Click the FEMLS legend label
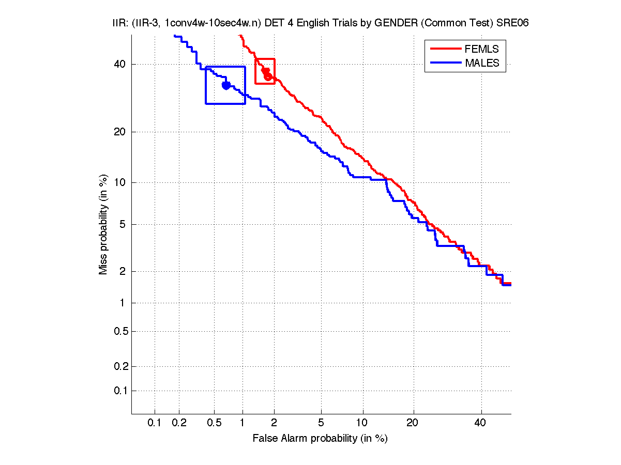point(481,49)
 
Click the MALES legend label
point(482,63)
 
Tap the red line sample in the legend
point(445,49)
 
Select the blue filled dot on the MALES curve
point(226,85)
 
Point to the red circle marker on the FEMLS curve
point(268,76)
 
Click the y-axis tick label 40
point(120,65)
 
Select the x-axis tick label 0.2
point(179,423)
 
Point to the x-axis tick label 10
point(363,423)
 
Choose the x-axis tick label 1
point(243,423)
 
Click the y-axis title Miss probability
point(104,224)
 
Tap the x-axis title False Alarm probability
point(320,439)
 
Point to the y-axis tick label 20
point(120,132)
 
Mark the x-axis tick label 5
point(321,423)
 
